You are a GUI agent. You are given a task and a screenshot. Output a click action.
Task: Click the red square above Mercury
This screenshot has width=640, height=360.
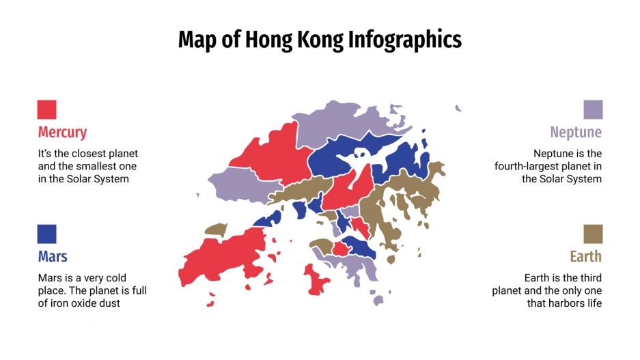(x=46, y=109)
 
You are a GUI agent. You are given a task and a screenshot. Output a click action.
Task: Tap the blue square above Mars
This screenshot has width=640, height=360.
(x=46, y=234)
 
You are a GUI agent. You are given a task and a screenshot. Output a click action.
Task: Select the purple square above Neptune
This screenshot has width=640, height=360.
(x=593, y=109)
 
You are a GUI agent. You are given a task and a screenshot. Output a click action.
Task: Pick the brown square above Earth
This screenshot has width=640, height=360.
(x=593, y=234)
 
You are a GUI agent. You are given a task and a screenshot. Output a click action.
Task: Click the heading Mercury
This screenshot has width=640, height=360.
(x=62, y=132)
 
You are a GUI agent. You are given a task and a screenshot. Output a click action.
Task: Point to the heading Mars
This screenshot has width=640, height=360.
(x=53, y=257)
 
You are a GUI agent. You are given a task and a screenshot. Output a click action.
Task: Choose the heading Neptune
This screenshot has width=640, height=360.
(x=576, y=132)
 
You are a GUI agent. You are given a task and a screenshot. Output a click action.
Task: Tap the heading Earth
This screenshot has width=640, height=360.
(x=585, y=257)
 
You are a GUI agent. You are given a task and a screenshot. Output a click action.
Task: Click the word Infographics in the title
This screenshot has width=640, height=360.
(x=404, y=40)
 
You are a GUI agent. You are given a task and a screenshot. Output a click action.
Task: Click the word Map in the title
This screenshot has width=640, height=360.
(x=198, y=40)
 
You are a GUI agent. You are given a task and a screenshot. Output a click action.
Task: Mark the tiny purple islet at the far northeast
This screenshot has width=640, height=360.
(x=458, y=108)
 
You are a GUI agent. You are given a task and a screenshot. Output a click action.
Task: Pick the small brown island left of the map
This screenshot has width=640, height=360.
(x=215, y=230)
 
